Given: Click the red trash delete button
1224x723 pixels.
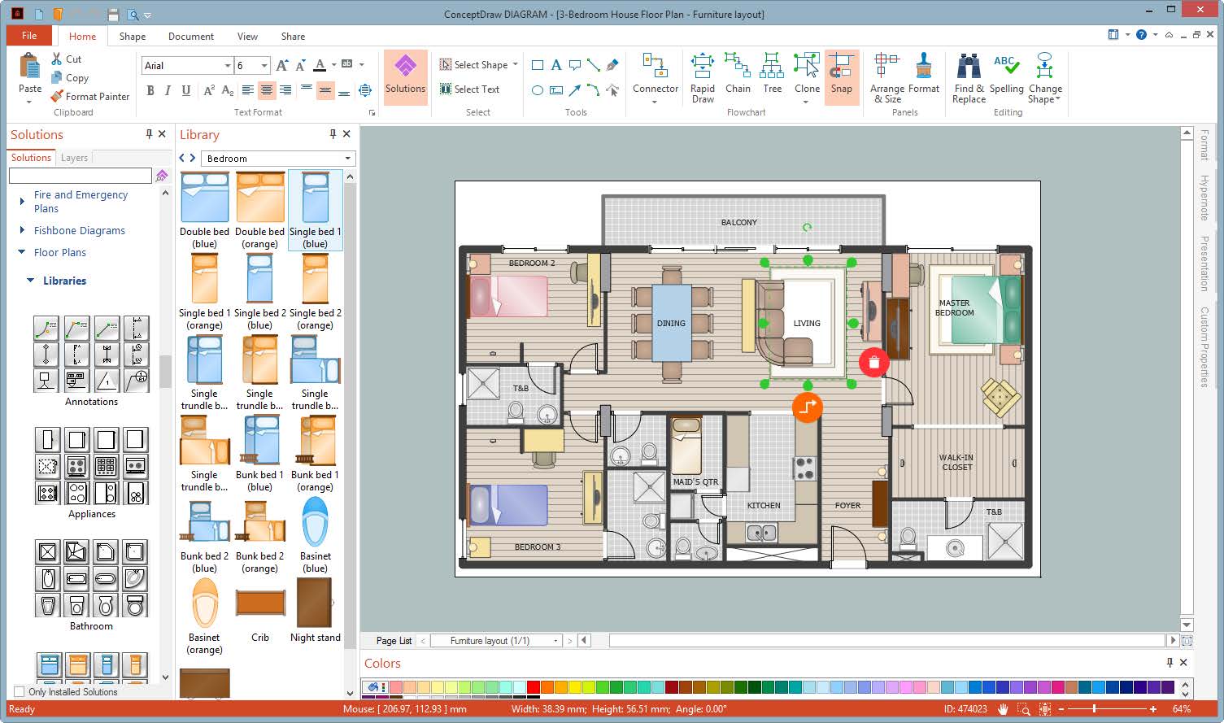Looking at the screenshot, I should (873, 363).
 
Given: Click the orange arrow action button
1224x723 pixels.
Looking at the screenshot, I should (807, 407).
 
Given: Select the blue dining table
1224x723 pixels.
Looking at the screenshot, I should (671, 322).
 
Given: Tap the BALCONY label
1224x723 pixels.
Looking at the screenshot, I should (738, 222).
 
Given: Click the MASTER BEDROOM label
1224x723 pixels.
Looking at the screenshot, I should (954, 307).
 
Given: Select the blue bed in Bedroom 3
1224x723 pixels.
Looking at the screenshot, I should (510, 504).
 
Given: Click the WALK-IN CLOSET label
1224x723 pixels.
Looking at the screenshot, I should (956, 462).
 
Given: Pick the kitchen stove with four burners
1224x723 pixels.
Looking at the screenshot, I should (804, 468).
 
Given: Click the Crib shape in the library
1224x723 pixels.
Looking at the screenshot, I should (260, 604).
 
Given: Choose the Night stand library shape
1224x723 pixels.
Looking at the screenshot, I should (315, 604).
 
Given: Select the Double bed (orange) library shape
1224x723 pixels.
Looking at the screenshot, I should (260, 198).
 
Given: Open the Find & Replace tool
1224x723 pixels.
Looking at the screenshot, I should (969, 77).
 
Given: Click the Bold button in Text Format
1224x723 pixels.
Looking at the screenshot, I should (150, 90).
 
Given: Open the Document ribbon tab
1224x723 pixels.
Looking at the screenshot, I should (191, 36).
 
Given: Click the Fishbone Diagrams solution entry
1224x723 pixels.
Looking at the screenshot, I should (80, 230).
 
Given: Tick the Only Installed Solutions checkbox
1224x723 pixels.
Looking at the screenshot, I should (20, 692).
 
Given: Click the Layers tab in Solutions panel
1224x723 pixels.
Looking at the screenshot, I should (74, 158).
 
